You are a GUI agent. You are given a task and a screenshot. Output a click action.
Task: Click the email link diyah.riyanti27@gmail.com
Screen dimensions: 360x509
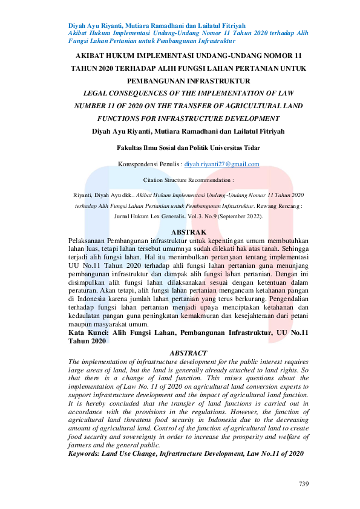pos(222,164)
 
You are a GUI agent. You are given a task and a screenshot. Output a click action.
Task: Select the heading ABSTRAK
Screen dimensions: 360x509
pos(189,232)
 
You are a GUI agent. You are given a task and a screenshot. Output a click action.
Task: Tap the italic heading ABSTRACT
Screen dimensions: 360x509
pos(188,352)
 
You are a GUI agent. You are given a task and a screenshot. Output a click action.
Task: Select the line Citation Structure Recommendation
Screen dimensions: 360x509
pos(189,180)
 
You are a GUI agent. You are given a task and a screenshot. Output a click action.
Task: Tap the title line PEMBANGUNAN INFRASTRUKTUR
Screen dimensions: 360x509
pos(189,80)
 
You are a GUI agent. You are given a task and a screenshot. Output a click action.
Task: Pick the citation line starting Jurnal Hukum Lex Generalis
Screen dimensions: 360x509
pos(189,215)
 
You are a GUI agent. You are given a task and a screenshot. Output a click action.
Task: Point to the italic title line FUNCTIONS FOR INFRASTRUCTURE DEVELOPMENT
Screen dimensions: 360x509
pos(189,118)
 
